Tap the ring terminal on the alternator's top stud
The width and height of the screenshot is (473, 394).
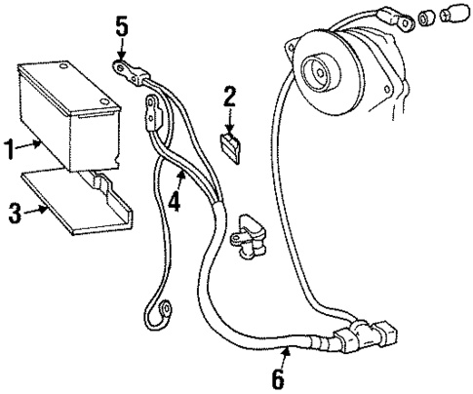(394, 17)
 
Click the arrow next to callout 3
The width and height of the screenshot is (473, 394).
(35, 209)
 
